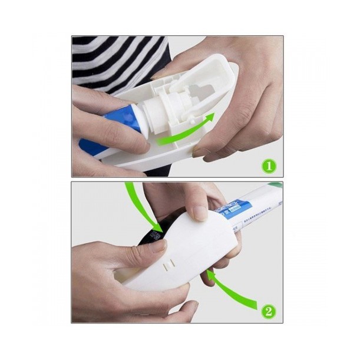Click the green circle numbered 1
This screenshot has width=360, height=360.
coord(269,166)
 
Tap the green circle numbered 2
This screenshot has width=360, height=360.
coord(269,310)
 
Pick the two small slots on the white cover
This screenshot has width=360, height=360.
coord(167,263)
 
